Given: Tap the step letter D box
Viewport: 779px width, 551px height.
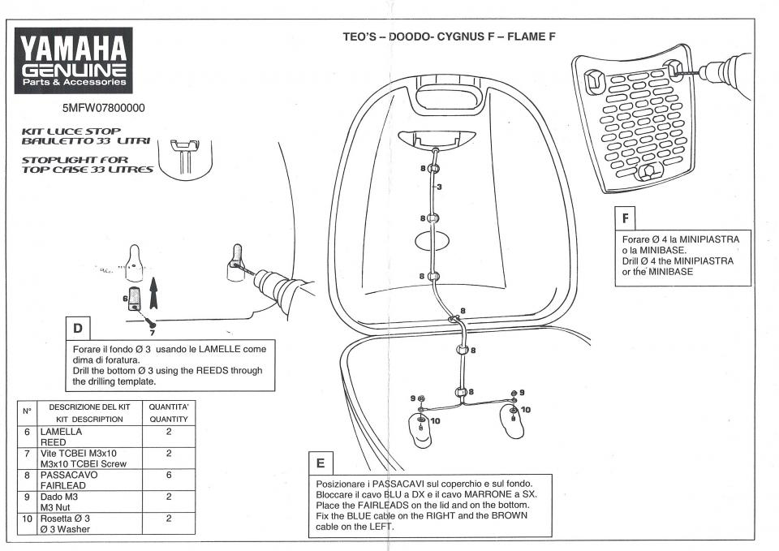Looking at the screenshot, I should pos(78,329).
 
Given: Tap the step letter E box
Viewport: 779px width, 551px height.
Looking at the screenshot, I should pos(321,463).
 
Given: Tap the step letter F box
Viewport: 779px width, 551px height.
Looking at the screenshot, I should pos(625,217).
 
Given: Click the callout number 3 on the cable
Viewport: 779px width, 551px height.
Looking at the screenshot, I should pos(438,187).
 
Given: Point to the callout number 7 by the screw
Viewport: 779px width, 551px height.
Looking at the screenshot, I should pos(151,332).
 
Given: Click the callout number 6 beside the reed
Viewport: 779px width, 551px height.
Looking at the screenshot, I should pos(126,299).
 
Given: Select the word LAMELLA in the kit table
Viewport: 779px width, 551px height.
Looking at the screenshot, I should pos(63,433).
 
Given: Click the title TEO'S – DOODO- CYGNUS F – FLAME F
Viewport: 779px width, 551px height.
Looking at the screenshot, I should pos(450,37).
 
